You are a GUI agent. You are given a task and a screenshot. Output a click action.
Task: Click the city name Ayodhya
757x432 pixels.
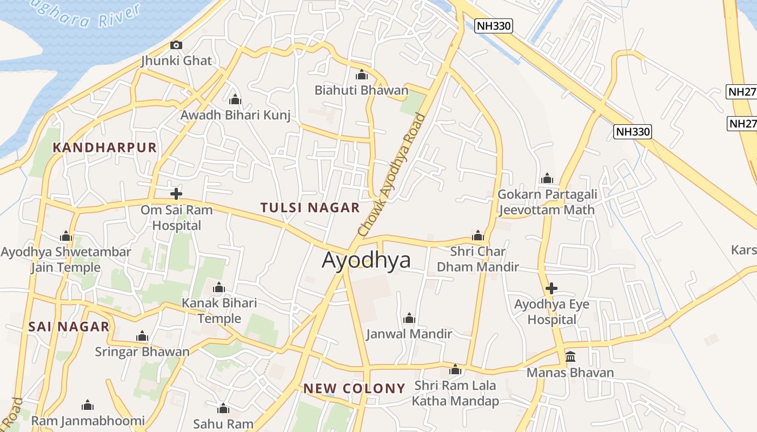(366, 260)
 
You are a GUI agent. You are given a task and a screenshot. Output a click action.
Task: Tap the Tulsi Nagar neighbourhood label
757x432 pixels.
(310, 208)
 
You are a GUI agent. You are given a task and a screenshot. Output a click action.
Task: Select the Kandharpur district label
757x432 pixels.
(105, 147)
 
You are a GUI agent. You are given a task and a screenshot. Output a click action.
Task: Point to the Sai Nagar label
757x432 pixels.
(69, 327)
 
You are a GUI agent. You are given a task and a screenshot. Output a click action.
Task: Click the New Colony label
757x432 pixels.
(354, 388)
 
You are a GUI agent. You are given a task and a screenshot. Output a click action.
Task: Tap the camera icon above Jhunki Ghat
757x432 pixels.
(176, 45)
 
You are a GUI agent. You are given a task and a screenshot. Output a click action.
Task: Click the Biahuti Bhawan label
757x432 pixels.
(361, 90)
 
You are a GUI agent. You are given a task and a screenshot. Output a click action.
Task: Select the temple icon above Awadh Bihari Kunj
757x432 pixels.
(235, 100)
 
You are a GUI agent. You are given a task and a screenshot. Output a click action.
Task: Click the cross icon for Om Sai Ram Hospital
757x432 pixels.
(176, 193)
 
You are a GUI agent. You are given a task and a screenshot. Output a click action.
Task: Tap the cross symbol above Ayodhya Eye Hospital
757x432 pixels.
(552, 288)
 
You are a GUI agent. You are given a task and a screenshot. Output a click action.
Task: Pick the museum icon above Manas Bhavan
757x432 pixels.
(570, 357)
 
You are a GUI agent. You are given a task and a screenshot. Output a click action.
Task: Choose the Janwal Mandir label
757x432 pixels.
(409, 334)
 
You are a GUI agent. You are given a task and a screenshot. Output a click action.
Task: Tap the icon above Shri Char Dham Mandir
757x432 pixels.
(477, 235)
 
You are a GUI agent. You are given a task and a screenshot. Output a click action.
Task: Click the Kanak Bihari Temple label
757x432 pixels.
(219, 310)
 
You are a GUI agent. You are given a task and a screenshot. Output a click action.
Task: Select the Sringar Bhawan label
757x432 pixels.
(142, 352)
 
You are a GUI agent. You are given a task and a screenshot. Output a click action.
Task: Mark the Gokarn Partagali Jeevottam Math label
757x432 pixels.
(547, 202)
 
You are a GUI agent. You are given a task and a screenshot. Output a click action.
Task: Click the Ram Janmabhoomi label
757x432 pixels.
(88, 421)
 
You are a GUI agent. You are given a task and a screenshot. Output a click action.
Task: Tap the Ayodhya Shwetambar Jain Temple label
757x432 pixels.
(66, 260)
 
